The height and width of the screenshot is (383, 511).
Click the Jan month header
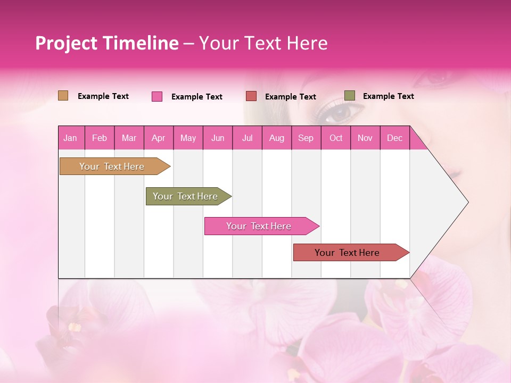[x=71, y=138]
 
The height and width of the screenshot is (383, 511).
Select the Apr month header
[x=159, y=138]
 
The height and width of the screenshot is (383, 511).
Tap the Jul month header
[x=247, y=138]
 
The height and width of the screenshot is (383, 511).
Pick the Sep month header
[x=306, y=138]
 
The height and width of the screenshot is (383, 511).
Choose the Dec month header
[x=394, y=138]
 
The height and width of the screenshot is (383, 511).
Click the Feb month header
[x=100, y=138]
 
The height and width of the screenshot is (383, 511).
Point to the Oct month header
[x=336, y=138]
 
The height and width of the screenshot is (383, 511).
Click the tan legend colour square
[x=63, y=96]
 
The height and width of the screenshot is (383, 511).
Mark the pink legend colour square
[x=157, y=96]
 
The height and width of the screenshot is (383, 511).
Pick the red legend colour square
[x=251, y=96]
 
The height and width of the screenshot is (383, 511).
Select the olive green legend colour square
[x=350, y=96]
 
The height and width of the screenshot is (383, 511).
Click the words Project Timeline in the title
[x=106, y=43]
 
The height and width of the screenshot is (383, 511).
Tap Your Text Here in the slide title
[x=263, y=43]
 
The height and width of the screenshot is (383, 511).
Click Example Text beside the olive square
[x=388, y=96]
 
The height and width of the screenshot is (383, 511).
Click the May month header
[x=188, y=138]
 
